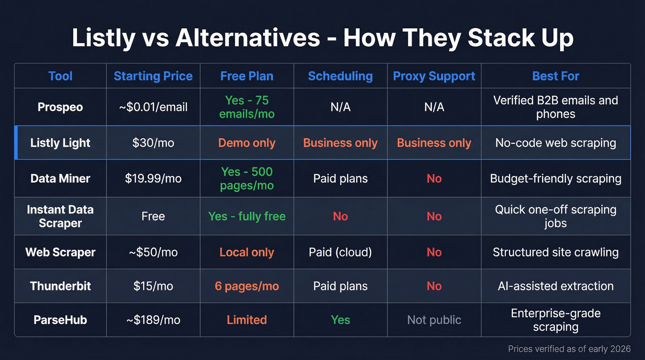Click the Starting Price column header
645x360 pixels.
pyautogui.click(x=153, y=76)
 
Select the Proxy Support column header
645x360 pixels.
pyautogui.click(x=434, y=76)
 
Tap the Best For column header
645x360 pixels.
pyautogui.click(x=556, y=76)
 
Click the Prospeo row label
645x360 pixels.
pyautogui.click(x=60, y=107)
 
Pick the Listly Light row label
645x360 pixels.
pyautogui.click(x=60, y=143)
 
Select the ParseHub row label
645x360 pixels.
pyautogui.click(x=60, y=320)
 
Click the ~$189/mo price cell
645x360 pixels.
pyautogui.click(x=153, y=320)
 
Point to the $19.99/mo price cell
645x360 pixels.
pyautogui.click(x=153, y=178)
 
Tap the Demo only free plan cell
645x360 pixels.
pyautogui.click(x=246, y=143)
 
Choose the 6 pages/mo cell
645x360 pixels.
pyautogui.click(x=246, y=286)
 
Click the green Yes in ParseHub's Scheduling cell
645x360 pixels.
pyautogui.click(x=340, y=320)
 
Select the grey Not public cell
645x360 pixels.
pyautogui.click(x=434, y=320)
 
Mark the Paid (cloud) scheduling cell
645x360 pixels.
pyautogui.click(x=340, y=252)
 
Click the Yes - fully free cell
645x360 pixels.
pyautogui.click(x=246, y=216)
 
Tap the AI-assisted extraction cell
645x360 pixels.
pyautogui.click(x=556, y=286)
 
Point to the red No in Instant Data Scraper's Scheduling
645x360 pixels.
pyautogui.click(x=340, y=216)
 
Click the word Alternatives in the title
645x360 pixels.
pyautogui.click(x=247, y=38)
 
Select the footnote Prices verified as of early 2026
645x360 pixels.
pyautogui.click(x=569, y=349)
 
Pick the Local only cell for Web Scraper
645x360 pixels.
pyautogui.click(x=246, y=252)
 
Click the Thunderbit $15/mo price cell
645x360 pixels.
pyautogui.click(x=153, y=286)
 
